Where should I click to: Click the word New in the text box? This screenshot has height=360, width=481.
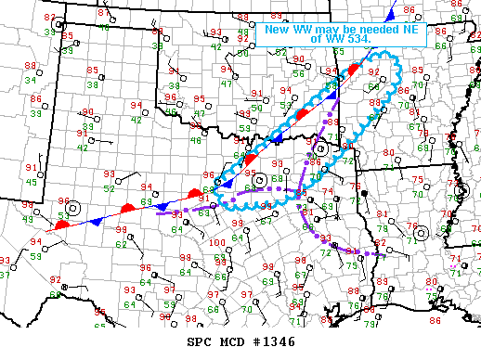point(277,29)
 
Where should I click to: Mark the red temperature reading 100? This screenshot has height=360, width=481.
point(216,243)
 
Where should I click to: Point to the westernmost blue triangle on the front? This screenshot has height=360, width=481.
point(95,222)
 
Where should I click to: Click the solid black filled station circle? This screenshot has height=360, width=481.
point(365,193)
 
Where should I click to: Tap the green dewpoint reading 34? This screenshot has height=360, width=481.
point(32,80)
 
